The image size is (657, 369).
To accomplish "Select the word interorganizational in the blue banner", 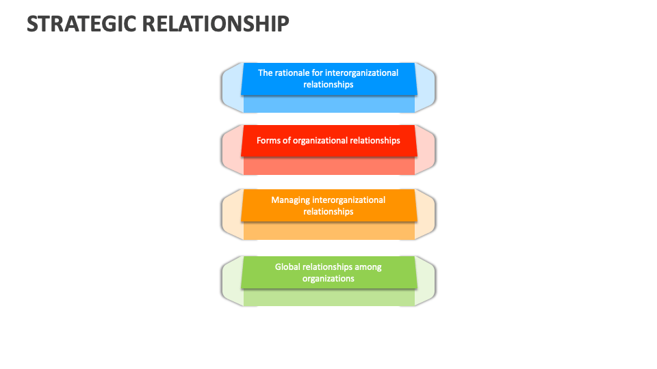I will pyautogui.click(x=361, y=72).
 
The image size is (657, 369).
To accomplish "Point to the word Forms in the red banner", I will pyautogui.click(x=268, y=140).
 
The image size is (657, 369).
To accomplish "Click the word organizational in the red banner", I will pyautogui.click(x=320, y=140).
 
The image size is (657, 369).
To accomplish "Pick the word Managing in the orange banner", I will pyautogui.click(x=290, y=200).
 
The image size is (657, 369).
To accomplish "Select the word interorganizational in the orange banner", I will pyautogui.click(x=349, y=200).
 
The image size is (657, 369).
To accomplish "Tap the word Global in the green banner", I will pyautogui.click(x=287, y=267).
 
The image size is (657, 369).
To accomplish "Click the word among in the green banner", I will pyautogui.click(x=368, y=267).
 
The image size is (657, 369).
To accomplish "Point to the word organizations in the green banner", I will pyautogui.click(x=328, y=279).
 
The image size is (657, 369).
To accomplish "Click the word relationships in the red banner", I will pyautogui.click(x=375, y=140).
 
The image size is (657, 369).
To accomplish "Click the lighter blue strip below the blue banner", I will pyautogui.click(x=328, y=105).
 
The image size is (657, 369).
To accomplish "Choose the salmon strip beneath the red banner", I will pyautogui.click(x=328, y=166).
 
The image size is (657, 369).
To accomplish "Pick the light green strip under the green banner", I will pyautogui.click(x=328, y=299).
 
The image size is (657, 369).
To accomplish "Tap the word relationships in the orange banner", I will pyautogui.click(x=328, y=212).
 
